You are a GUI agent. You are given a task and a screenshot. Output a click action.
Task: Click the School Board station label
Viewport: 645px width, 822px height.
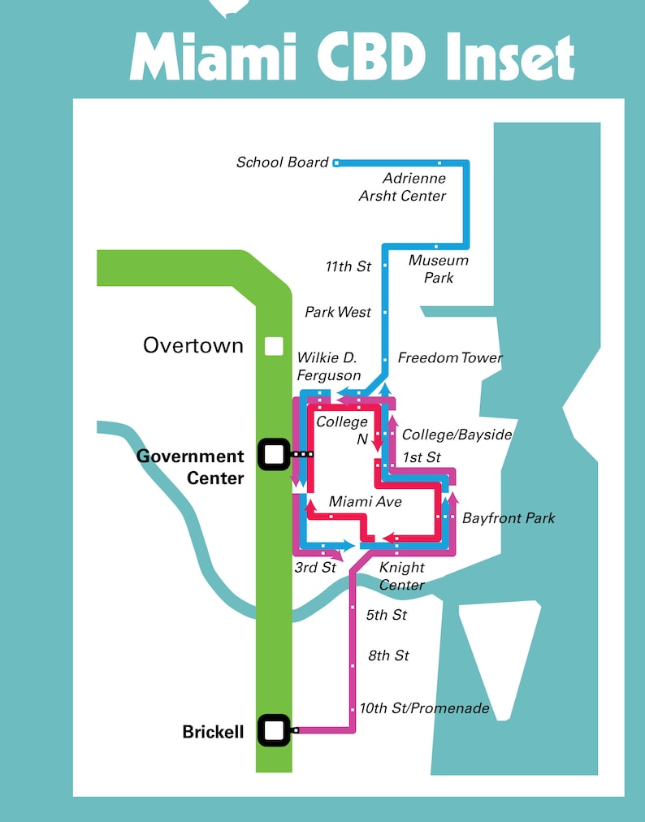coord(282,162)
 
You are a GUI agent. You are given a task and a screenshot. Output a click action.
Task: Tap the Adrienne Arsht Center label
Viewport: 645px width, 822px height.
coord(403,187)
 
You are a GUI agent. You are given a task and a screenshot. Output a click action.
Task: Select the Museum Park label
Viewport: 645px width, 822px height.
coord(438,269)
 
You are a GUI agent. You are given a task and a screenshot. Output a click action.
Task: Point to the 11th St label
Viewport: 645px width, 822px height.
coord(348,266)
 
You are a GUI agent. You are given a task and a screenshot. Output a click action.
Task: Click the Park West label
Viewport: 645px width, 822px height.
coord(338,312)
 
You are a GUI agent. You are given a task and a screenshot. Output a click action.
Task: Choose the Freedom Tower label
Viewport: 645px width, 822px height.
coord(450,358)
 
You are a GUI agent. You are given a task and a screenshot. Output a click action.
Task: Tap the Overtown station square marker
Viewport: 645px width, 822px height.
coord(274,347)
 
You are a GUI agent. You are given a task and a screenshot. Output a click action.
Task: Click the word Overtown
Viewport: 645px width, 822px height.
coord(193,345)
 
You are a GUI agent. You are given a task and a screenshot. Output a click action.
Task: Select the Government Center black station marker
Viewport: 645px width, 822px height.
coord(273,454)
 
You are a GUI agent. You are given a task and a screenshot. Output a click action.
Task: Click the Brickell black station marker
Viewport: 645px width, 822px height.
coord(274,730)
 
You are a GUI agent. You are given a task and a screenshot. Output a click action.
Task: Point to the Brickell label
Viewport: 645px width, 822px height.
coord(213,733)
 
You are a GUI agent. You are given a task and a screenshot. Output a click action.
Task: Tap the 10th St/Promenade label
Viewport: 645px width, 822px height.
coord(425,708)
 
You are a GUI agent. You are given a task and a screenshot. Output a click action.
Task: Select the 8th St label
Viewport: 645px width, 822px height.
coord(388,655)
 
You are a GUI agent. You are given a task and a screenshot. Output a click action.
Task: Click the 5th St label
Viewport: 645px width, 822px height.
coord(387,615)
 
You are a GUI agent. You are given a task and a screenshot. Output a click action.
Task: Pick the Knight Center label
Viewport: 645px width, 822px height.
coord(402,577)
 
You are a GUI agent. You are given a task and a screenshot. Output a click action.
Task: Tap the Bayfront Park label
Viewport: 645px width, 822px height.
coord(509,517)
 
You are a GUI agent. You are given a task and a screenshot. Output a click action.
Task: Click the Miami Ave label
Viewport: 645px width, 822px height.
coord(366,502)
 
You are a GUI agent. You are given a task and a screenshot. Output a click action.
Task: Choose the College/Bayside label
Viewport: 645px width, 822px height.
coord(457,435)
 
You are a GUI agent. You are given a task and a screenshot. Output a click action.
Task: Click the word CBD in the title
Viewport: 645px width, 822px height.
coord(382,56)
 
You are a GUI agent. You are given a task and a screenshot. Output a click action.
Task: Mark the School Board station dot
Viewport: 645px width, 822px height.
coord(336,163)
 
